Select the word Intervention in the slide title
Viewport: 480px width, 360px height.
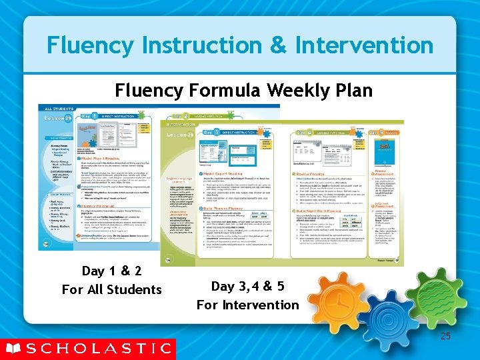(364, 45)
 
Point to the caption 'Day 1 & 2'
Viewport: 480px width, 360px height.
(111, 271)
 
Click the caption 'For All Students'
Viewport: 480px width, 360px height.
(111, 289)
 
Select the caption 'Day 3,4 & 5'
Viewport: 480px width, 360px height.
(247, 287)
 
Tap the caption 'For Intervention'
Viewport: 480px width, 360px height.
(247, 305)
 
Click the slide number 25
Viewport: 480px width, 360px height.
(445, 336)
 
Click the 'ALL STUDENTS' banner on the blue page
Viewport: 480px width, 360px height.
(59, 108)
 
